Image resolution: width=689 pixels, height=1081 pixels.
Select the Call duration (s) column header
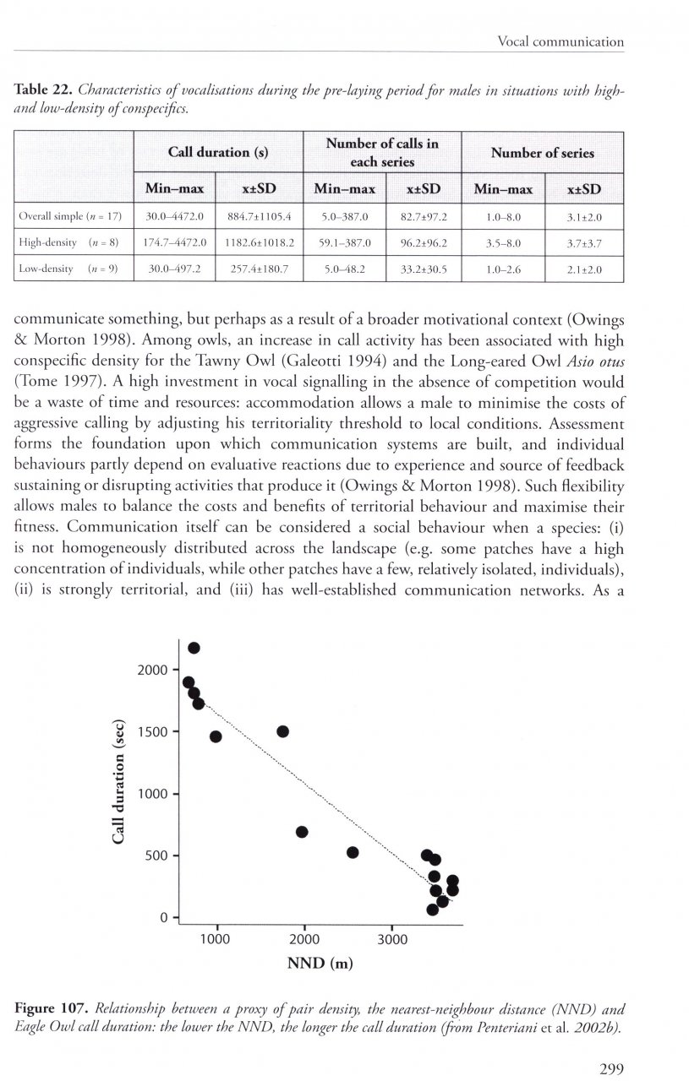pos(218,153)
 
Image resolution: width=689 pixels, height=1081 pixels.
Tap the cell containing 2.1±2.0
pos(583,269)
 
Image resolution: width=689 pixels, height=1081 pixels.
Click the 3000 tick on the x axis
pos(392,938)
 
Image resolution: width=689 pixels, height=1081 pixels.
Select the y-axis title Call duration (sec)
pos(119,781)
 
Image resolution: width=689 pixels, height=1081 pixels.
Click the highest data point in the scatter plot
pos(194,648)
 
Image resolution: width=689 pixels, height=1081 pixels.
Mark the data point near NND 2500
pos(353,852)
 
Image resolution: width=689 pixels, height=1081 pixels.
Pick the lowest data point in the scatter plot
pos(432,910)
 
